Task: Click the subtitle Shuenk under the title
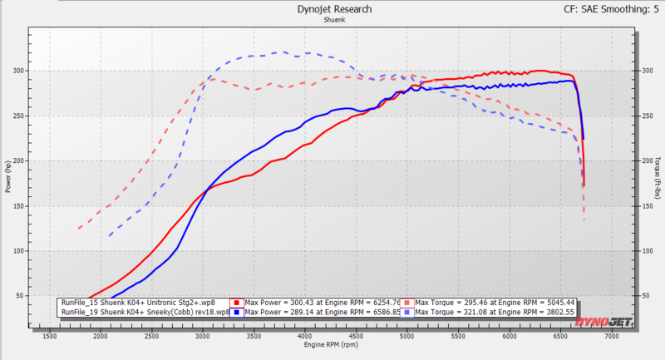[x=332, y=20]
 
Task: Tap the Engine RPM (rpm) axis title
[x=332, y=344]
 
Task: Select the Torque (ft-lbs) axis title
[x=658, y=177]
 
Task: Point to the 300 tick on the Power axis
[x=18, y=72]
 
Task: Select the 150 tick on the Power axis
[x=18, y=206]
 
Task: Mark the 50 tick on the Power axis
[x=20, y=296]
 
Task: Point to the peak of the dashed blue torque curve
[x=284, y=52]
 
